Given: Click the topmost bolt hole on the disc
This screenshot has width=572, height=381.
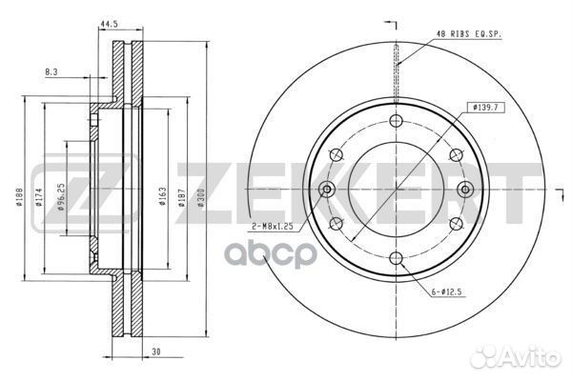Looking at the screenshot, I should pos(395,121).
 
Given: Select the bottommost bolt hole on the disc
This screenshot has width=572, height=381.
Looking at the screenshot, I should pos(395,257).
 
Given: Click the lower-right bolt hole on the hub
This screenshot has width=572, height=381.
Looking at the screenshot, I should pos(454,223).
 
